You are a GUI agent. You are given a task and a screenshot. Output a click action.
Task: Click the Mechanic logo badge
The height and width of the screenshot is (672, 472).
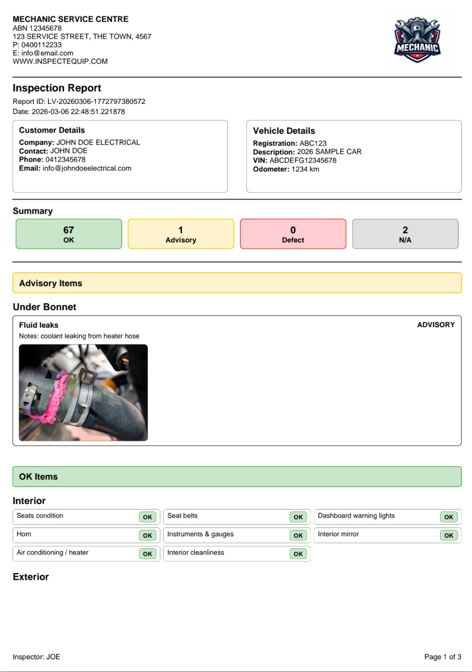tap(417, 41)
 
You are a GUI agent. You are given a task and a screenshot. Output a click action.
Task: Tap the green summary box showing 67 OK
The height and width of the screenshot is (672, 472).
tap(69, 234)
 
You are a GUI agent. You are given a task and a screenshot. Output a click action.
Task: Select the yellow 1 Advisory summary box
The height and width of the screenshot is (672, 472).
tap(181, 234)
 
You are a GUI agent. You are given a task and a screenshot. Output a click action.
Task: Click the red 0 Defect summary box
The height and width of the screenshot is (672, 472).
tap(293, 234)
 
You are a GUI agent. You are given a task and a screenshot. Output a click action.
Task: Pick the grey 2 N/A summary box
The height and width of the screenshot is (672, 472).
tap(405, 234)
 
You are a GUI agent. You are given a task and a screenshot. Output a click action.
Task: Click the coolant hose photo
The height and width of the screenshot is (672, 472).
tap(83, 392)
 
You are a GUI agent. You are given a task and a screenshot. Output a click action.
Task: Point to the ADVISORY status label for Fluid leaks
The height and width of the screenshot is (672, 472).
tap(436, 325)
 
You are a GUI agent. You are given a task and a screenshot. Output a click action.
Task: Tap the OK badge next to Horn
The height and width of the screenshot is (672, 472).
tap(147, 535)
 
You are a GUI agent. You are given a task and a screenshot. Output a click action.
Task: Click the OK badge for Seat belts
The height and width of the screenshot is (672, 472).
tap(298, 517)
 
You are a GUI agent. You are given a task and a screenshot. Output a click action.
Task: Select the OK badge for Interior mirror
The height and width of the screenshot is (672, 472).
tap(448, 535)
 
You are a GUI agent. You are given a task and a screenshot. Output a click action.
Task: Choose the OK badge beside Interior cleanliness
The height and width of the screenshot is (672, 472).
tap(298, 553)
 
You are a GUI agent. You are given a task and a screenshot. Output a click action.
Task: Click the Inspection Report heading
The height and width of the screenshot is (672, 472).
tap(57, 88)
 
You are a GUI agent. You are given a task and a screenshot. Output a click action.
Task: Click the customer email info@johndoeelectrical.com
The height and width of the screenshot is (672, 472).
tap(87, 168)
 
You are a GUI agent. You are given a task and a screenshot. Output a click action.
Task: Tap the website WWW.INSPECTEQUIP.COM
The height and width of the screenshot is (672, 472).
tap(60, 61)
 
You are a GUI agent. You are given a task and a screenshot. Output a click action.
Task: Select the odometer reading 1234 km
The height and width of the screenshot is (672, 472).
tap(305, 169)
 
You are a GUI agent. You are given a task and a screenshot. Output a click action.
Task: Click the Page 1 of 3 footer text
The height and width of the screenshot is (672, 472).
tap(443, 657)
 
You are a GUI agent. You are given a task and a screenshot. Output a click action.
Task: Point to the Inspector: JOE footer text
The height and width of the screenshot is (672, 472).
tap(36, 657)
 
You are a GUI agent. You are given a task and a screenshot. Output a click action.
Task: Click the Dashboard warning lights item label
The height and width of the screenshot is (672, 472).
tap(356, 516)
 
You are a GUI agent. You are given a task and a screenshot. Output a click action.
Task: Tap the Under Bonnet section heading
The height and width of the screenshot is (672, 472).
tap(45, 307)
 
